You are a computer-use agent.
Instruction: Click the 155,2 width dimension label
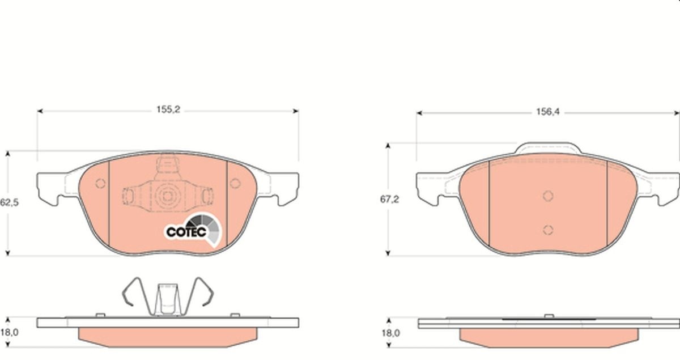pyautogui.click(x=168, y=109)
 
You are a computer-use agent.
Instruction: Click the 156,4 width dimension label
pyautogui.click(x=547, y=112)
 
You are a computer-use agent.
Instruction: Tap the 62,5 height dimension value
pyautogui.click(x=9, y=202)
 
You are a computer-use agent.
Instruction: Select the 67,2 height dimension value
pyautogui.click(x=389, y=200)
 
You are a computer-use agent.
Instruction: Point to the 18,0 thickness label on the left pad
pyautogui.click(x=10, y=332)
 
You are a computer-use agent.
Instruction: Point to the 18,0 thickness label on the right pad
pyautogui.click(x=391, y=333)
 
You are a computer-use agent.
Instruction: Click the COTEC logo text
pyautogui.click(x=186, y=232)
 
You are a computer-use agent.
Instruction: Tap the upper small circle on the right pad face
pyautogui.click(x=548, y=196)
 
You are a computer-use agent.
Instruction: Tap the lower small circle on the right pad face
pyautogui.click(x=548, y=230)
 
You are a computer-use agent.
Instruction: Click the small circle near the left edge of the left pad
pyautogui.click(x=100, y=183)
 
